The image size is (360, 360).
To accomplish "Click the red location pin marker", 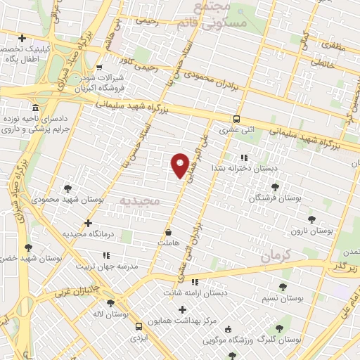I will coord(181,166).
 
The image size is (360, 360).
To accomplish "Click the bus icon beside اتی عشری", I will coord(237,119).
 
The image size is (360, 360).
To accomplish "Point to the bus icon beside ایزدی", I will coord(139,326).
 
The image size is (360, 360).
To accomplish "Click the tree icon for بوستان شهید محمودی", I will coord(67,188).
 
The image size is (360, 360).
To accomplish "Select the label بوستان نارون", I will coord(314,231).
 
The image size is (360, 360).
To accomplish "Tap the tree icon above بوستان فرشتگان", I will coord(275,187).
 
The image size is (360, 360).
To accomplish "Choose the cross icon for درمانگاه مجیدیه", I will coord(87,223).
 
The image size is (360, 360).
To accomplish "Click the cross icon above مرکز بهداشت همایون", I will coord(183,309).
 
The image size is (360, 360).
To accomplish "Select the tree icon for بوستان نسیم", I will coord(283,287).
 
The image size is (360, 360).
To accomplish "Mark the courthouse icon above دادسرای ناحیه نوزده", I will coord(34,108).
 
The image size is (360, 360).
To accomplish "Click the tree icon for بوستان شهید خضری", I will coord(28,247).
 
